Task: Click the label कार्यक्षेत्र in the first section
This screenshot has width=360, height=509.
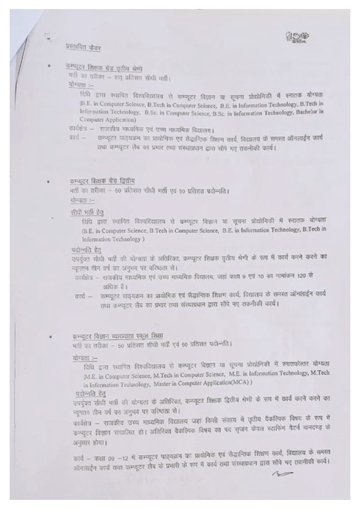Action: [x=80, y=130]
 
